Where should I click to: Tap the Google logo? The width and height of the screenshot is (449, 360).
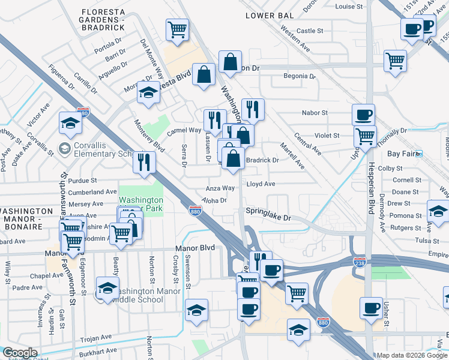pos(20,353)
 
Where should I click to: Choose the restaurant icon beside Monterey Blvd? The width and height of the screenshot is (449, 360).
pos(144,163)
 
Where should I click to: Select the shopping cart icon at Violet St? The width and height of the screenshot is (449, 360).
pos(365,137)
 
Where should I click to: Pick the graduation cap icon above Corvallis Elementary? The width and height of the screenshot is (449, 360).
pos(70,124)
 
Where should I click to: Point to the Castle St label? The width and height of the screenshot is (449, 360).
pos(310,31)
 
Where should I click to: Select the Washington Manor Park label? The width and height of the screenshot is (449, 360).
pos(140,205)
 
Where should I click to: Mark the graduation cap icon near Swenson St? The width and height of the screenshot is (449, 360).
pos(197,311)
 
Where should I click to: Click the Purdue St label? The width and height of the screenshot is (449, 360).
pos(82,181)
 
